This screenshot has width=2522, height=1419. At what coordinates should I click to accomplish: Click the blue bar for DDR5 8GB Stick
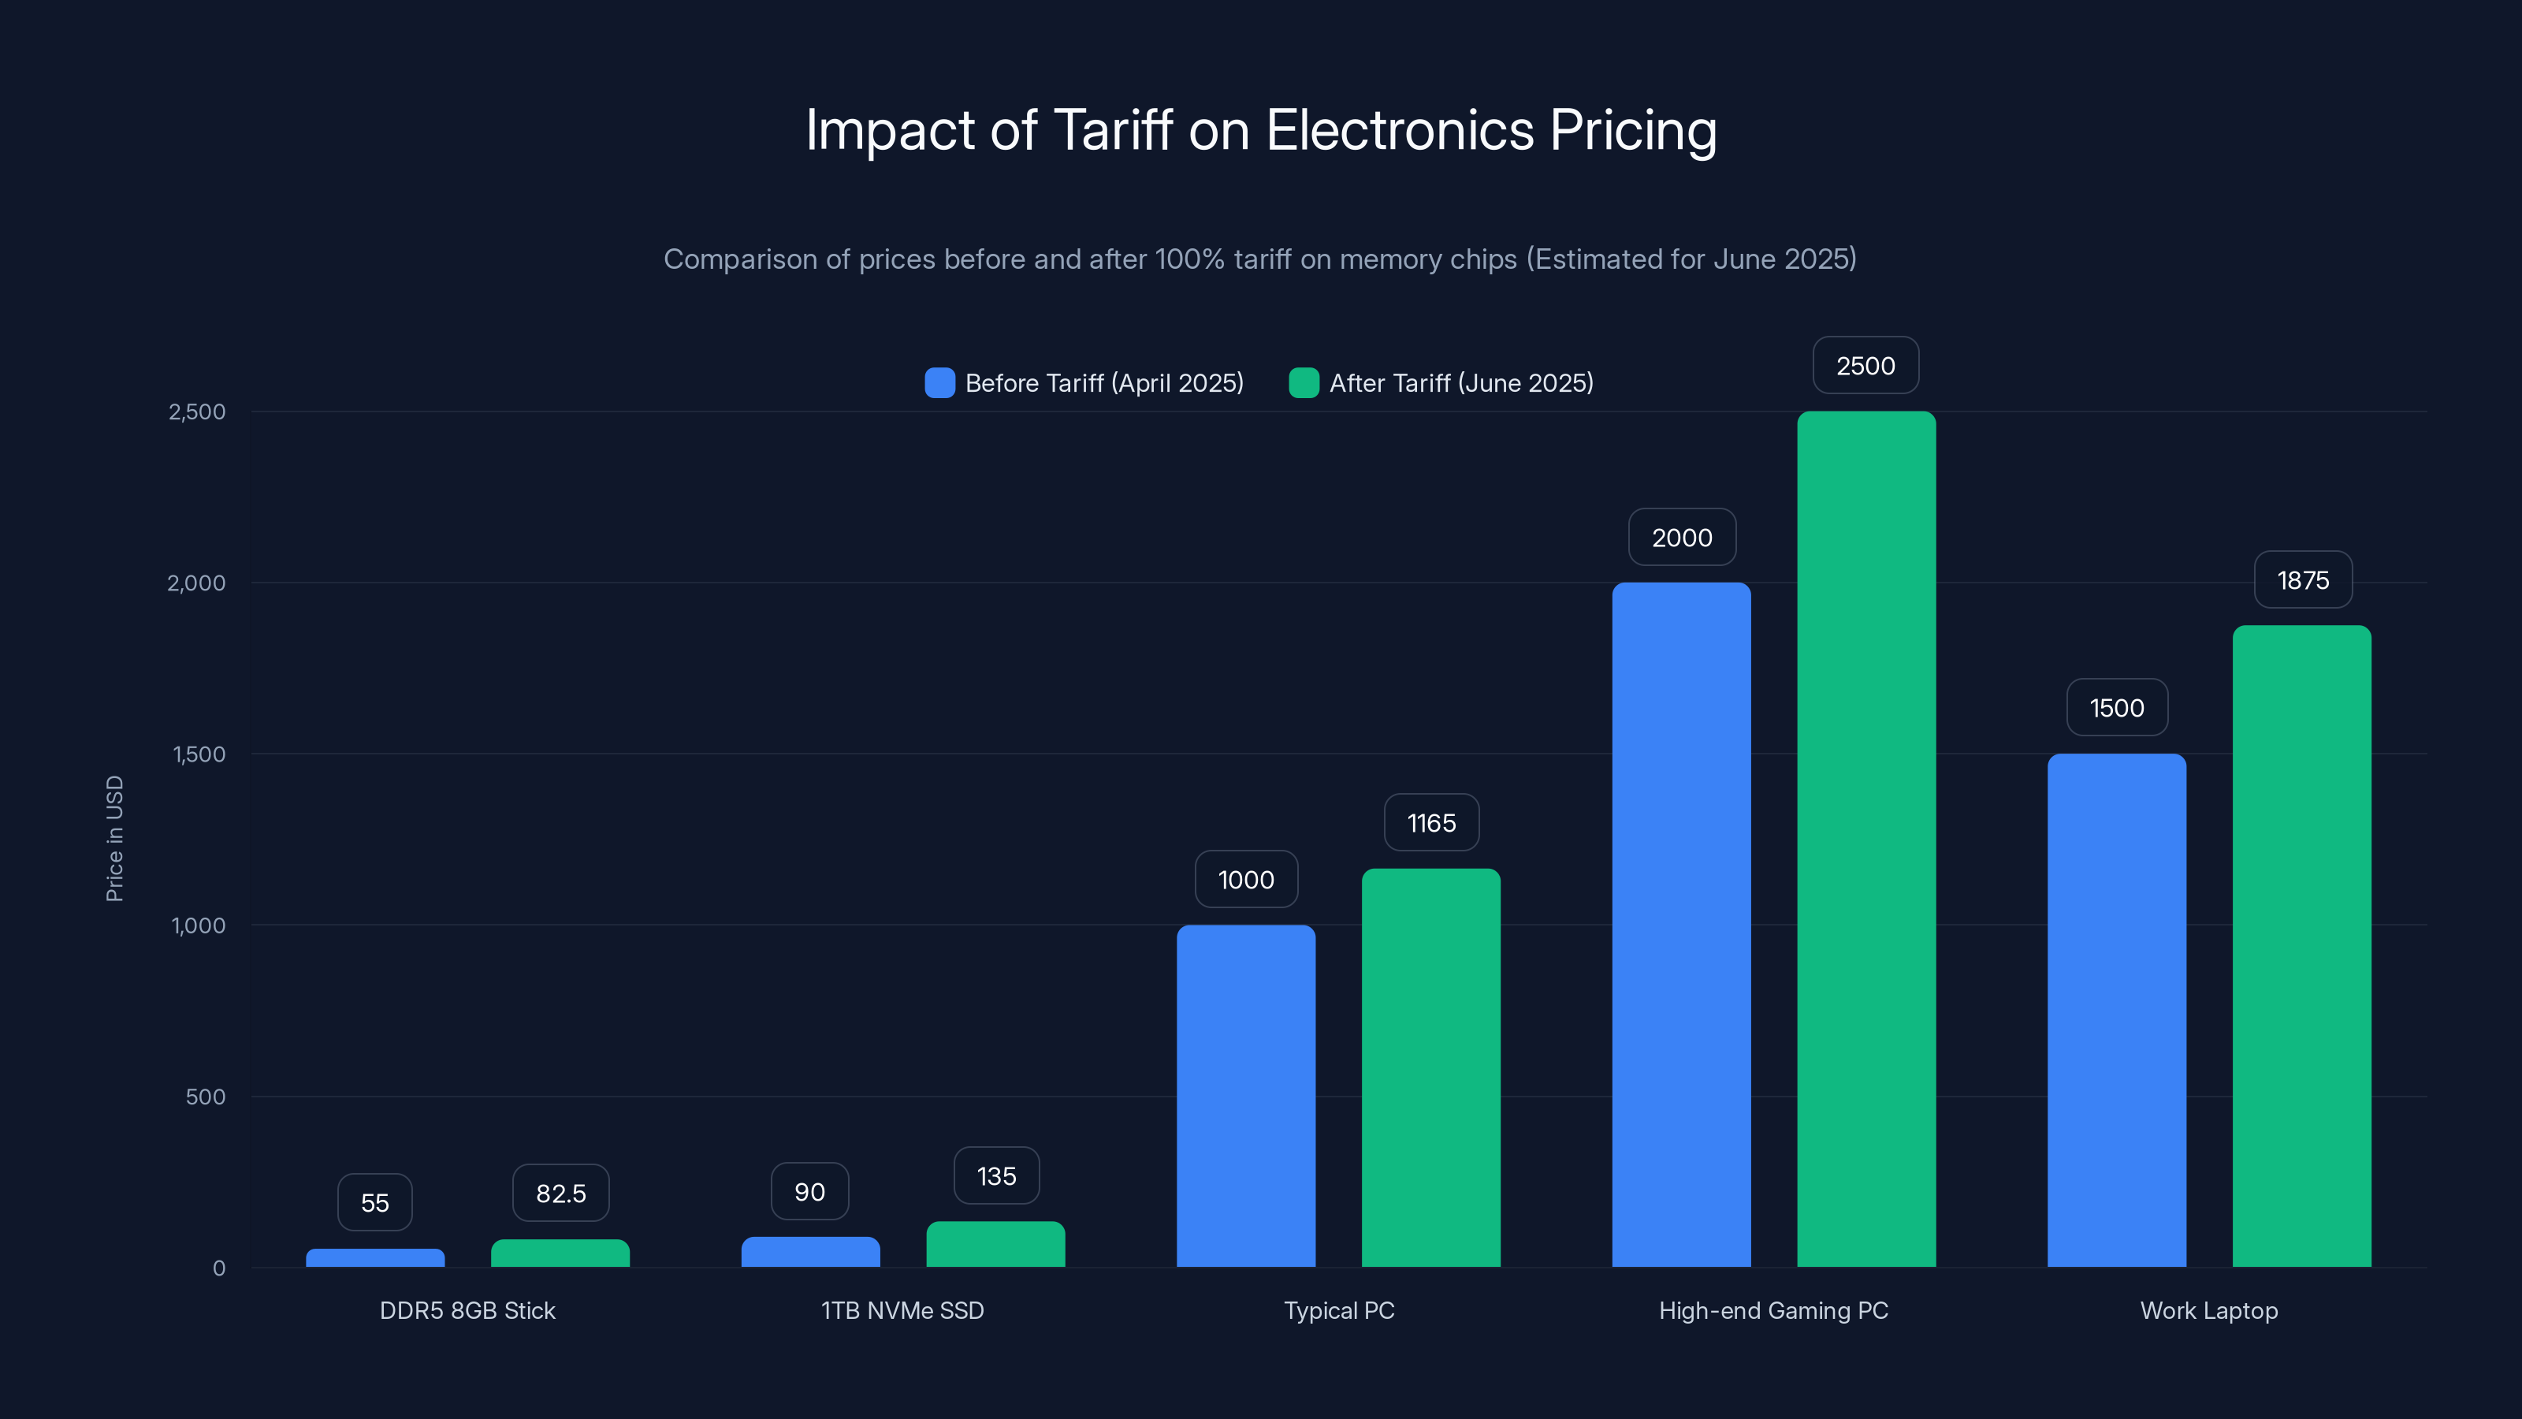375,1257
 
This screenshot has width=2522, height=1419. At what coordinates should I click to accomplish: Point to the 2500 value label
1865,365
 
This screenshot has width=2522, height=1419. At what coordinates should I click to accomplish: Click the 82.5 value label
561,1193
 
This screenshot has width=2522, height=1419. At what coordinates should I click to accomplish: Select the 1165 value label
1431,822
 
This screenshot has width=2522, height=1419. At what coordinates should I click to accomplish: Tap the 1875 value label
2303,579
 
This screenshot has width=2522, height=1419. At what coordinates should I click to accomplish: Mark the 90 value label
809,1191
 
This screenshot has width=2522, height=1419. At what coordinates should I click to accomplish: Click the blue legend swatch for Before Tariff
939,383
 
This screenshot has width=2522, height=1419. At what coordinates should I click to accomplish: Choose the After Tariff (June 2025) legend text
1460,383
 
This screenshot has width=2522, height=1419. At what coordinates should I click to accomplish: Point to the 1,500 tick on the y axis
199,754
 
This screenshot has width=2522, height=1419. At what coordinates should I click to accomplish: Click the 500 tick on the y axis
206,1097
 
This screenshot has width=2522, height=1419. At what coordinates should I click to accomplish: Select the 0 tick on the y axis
219,1268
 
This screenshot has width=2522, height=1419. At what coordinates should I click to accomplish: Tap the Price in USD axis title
114,838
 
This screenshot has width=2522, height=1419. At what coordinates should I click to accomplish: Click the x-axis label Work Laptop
2208,1310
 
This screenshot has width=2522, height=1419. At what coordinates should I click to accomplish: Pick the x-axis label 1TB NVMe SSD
902,1310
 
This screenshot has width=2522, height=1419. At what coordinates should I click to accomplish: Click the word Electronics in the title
1399,129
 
